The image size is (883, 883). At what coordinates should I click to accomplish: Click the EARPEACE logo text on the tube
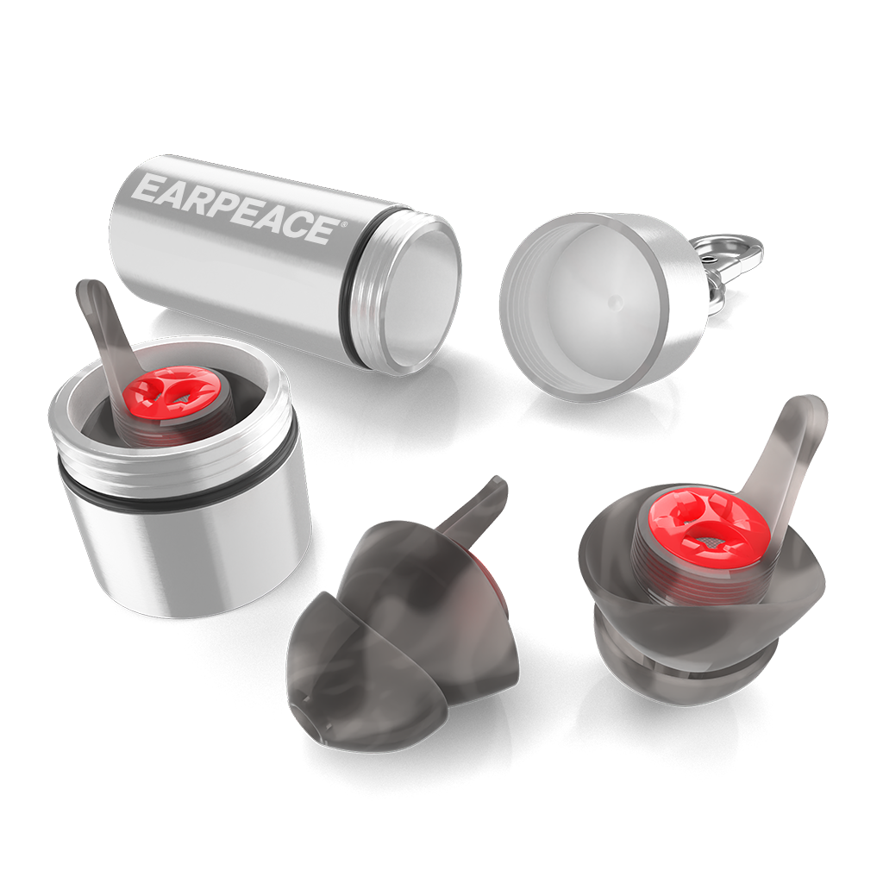(x=236, y=207)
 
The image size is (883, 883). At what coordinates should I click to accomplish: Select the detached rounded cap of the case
(x=604, y=307)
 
